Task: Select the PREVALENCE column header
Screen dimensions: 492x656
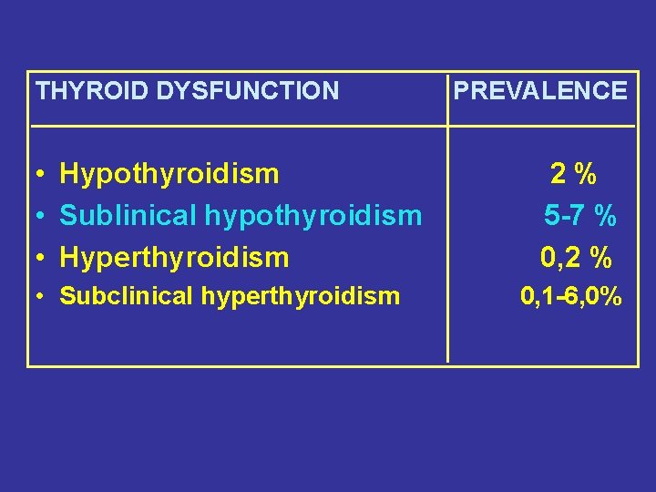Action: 540,90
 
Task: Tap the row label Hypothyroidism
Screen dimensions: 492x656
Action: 169,173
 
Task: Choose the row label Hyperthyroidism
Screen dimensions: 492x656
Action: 174,258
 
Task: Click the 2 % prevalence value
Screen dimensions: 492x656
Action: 573,172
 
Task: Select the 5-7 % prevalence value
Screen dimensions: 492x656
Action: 580,216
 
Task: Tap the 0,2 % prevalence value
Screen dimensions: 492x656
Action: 576,259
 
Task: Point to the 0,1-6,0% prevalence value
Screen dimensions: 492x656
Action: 571,295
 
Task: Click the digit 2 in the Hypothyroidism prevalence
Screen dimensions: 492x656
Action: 557,172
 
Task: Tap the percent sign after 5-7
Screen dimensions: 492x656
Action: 605,216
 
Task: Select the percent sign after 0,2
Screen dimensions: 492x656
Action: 600,259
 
